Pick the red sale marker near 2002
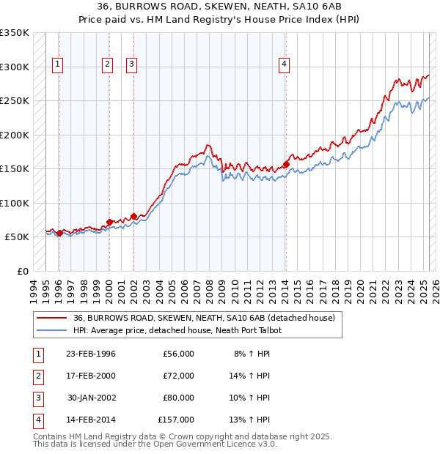pyautogui.click(x=133, y=217)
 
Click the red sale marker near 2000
pyautogui.click(x=109, y=222)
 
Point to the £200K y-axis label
pyautogui.click(x=14, y=135)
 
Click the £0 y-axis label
pyautogui.click(x=21, y=271)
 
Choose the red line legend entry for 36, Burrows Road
pyautogui.click(x=204, y=318)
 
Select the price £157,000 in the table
pyautogui.click(x=176, y=420)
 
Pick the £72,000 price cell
pyautogui.click(x=178, y=376)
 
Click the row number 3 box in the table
pyautogui.click(x=36, y=398)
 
